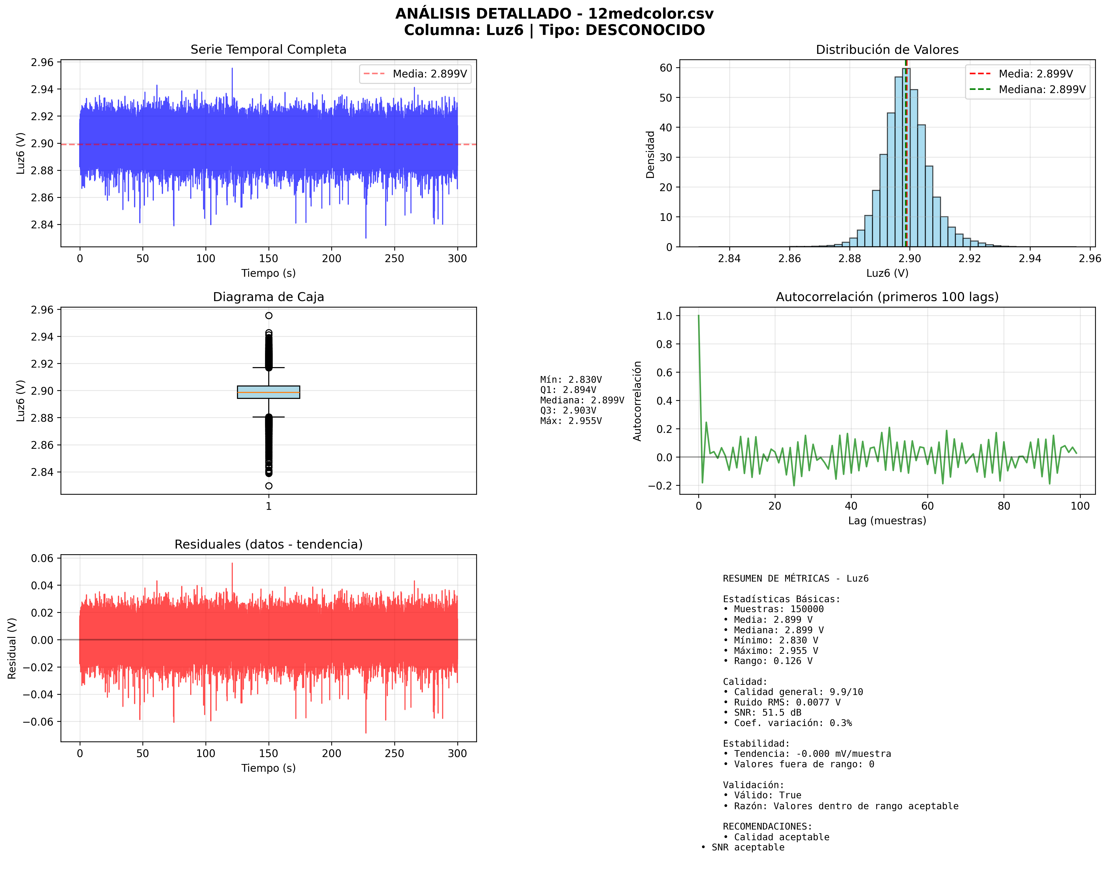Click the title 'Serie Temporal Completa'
click(268, 49)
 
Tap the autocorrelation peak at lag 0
click(699, 316)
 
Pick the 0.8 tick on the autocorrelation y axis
click(664, 344)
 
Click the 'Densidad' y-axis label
click(650, 154)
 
